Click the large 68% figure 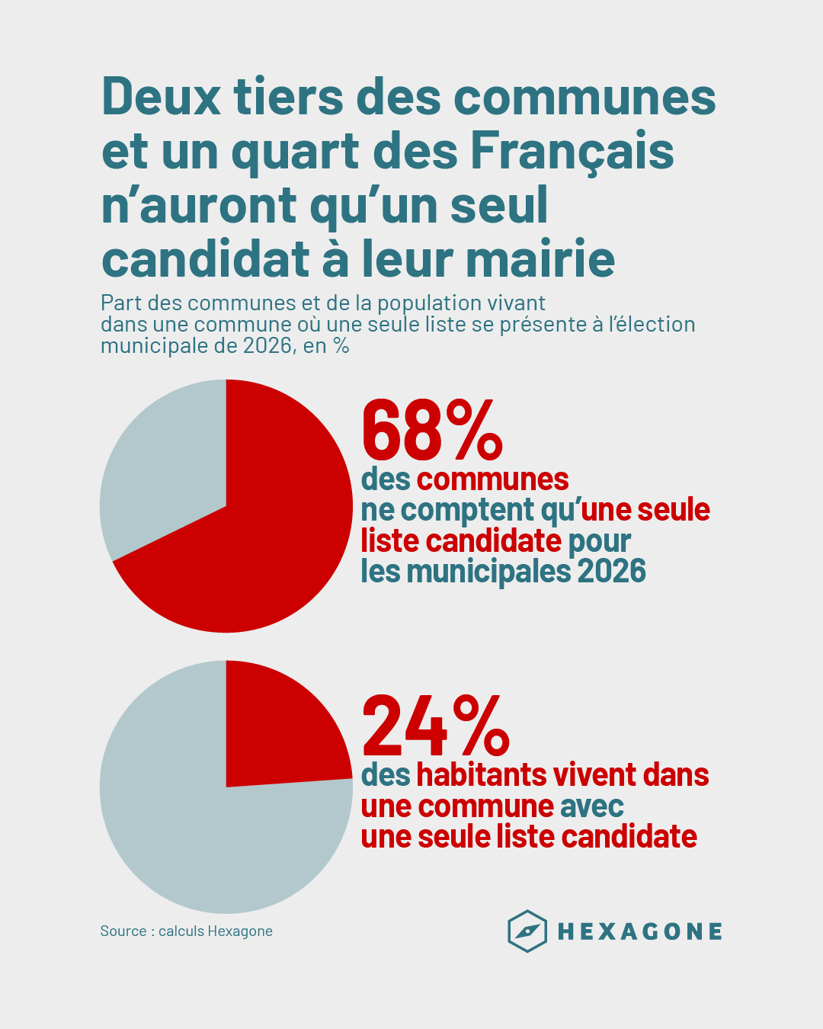click(x=432, y=431)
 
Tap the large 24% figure click(x=435, y=725)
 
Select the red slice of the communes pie click(x=267, y=534)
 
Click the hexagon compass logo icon click(x=527, y=931)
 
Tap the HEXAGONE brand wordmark click(x=640, y=931)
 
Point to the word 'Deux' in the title click(x=161, y=97)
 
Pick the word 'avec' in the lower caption click(x=592, y=806)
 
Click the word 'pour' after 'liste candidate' click(x=600, y=541)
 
